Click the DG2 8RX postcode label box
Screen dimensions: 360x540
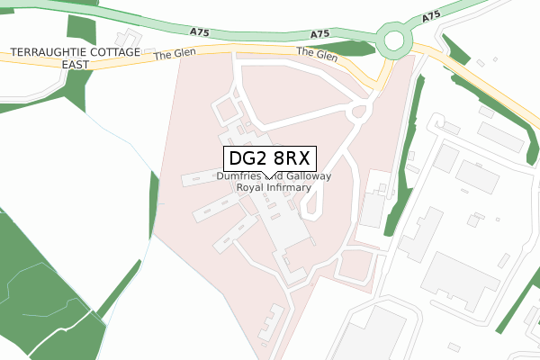269,158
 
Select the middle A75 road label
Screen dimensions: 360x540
319,34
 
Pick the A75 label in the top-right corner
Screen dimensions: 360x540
430,17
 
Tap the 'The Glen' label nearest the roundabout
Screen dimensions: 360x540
316,55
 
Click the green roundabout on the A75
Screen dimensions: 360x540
394,40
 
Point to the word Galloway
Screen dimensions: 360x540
308,177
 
